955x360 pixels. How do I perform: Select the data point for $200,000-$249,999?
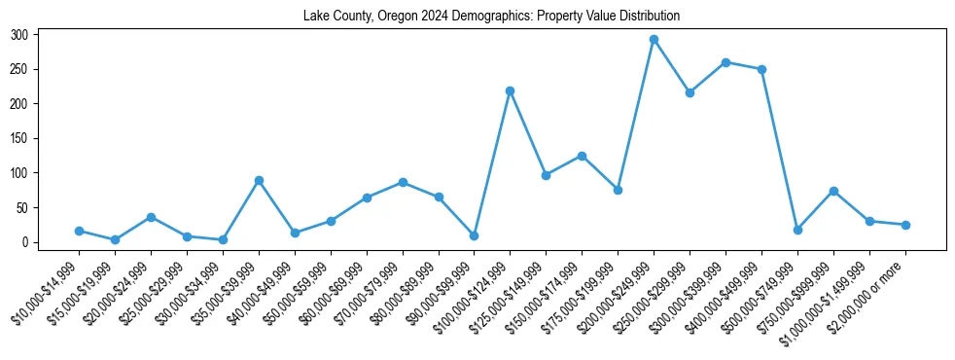654,40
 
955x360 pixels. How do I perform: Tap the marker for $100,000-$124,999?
510,90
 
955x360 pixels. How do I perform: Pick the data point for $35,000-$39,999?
259,180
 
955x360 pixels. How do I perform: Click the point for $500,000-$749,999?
797,230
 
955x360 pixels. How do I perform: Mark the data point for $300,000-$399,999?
725,62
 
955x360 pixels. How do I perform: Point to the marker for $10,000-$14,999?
79,231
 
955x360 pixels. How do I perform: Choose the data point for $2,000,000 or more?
905,225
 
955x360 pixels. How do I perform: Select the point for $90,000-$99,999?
474,235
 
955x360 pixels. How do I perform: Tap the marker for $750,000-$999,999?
833,191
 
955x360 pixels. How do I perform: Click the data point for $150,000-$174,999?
582,156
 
